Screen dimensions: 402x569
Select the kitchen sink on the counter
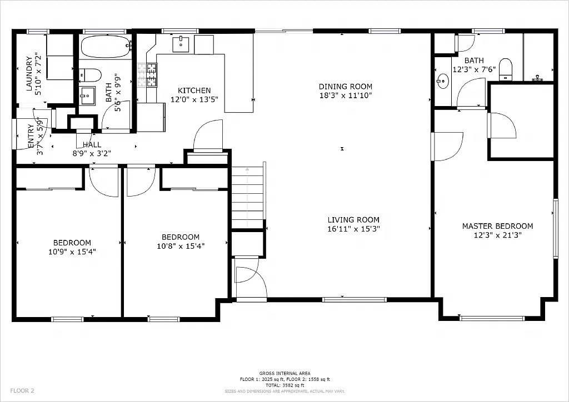click(181, 44)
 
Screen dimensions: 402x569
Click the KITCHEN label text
click(194, 91)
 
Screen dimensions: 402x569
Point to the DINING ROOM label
click(345, 87)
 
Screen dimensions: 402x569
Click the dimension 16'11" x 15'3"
click(353, 229)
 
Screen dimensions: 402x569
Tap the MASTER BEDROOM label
click(497, 226)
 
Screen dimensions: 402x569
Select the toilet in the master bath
click(505, 69)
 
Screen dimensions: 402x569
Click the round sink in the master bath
click(443, 82)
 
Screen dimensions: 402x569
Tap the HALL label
click(92, 144)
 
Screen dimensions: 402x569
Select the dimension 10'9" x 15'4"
click(72, 252)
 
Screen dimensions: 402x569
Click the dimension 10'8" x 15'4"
click(180, 246)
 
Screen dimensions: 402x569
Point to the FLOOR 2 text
click(22, 390)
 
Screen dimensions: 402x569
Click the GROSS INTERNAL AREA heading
click(284, 373)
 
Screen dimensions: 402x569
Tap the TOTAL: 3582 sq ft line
click(284, 384)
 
